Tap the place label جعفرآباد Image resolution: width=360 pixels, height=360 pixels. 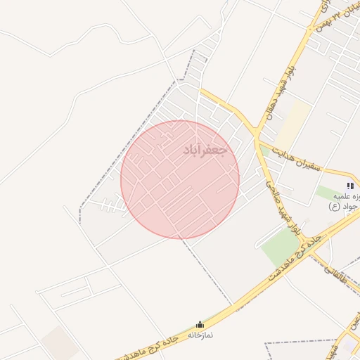205,150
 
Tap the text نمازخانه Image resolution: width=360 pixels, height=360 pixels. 200,335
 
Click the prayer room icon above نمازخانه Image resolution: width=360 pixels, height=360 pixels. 200,324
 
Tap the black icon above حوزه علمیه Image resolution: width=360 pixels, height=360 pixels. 350,186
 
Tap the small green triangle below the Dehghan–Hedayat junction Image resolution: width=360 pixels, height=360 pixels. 264,150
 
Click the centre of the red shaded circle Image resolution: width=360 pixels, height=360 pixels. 180,179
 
